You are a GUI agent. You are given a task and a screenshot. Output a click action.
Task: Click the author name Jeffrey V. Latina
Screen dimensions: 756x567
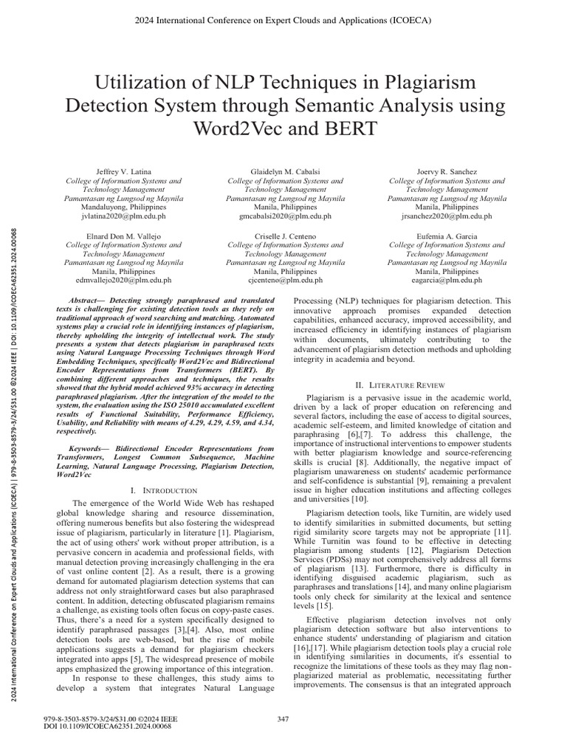(x=123, y=171)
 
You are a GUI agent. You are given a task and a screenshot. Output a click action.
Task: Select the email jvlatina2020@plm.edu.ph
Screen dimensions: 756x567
(x=123, y=216)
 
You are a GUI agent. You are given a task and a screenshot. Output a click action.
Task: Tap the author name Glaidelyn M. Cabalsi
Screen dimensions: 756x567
(x=285, y=171)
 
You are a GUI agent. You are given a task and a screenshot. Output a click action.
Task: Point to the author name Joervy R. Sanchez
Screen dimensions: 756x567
(x=447, y=171)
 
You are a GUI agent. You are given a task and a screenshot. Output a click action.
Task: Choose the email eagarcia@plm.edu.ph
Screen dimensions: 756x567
(x=447, y=280)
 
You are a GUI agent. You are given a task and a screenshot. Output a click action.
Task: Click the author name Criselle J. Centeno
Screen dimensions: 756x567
(x=285, y=235)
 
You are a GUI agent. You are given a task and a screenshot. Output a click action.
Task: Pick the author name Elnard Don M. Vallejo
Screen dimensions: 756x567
(x=123, y=235)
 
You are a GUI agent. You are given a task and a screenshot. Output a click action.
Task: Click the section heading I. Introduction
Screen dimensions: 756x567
(x=162, y=490)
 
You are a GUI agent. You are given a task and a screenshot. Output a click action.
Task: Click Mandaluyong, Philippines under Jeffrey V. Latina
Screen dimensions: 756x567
(x=123, y=207)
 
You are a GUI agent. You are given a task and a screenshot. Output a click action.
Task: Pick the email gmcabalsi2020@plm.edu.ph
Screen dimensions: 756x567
(x=285, y=216)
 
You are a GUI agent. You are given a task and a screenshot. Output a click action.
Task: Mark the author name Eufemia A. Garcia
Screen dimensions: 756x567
(x=447, y=235)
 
